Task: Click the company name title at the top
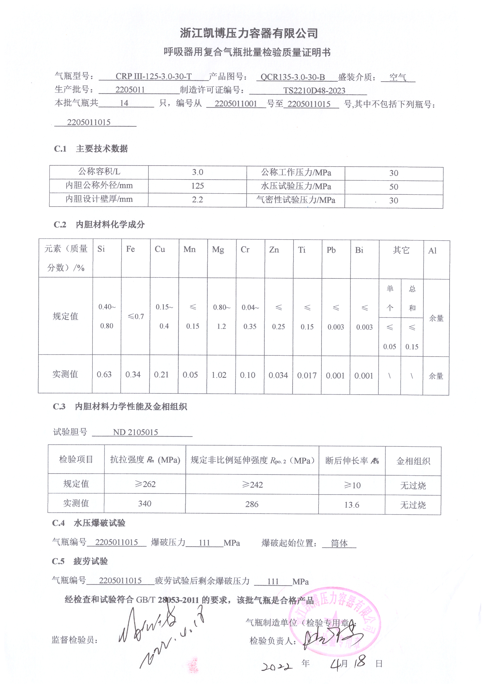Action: click(249, 33)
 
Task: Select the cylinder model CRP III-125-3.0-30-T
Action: click(153, 76)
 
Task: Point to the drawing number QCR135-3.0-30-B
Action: click(293, 77)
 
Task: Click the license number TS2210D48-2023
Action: click(314, 90)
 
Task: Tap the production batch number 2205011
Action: click(130, 89)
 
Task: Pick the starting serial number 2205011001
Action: click(236, 104)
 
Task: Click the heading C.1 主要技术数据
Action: click(91, 149)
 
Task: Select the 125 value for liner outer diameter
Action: click(197, 186)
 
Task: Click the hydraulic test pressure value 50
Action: click(393, 187)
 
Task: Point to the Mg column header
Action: click(218, 250)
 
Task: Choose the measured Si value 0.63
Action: click(104, 374)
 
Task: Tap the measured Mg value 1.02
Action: click(219, 375)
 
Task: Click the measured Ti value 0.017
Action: click(307, 375)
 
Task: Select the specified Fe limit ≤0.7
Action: click(136, 316)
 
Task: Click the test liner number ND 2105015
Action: click(135, 432)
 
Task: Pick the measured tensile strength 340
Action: click(145, 504)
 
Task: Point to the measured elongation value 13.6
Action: click(352, 505)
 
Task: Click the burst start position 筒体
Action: click(339, 543)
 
